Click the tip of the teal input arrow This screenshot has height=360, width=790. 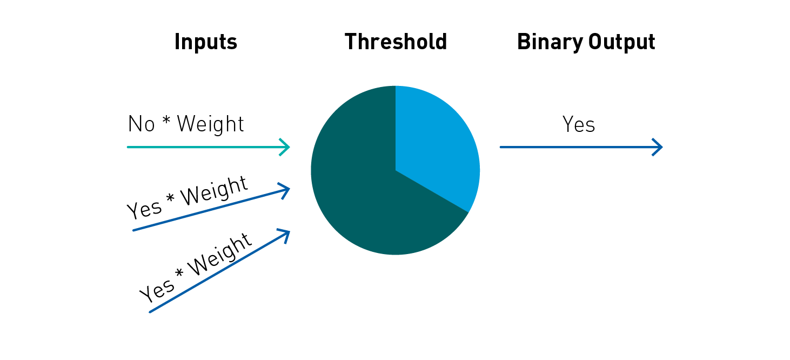click(x=290, y=147)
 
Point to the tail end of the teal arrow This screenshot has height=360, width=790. click(x=128, y=147)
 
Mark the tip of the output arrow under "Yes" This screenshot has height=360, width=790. click(x=662, y=147)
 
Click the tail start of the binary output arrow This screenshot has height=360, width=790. click(x=500, y=147)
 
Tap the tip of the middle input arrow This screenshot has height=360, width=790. click(x=289, y=189)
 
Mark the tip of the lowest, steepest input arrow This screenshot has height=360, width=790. click(x=290, y=231)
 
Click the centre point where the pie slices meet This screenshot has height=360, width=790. click(x=396, y=170)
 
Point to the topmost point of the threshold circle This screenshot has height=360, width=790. click(x=396, y=86)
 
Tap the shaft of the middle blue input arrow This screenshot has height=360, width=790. click(x=211, y=210)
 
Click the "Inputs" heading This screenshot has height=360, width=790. click(x=206, y=42)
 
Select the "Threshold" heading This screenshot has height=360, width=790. click(x=396, y=41)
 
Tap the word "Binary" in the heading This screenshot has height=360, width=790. click(x=550, y=42)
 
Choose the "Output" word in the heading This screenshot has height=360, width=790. click(x=622, y=42)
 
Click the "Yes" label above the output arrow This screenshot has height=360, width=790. click(x=579, y=124)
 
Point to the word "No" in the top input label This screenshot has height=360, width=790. click(x=142, y=124)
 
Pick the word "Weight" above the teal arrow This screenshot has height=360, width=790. click(x=210, y=124)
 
